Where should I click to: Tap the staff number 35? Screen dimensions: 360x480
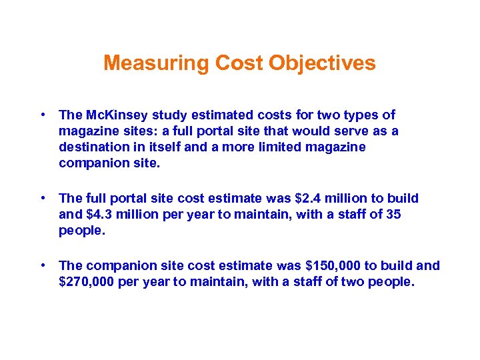(393, 214)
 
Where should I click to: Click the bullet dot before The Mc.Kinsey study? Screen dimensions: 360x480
(42, 115)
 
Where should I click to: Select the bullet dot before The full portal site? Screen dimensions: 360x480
(42, 197)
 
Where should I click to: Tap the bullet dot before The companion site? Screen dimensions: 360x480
(42, 265)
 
